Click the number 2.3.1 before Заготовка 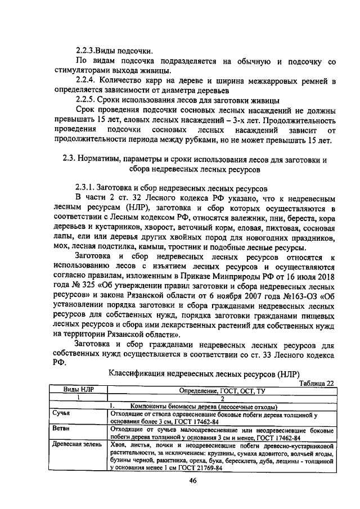click(85, 186)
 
